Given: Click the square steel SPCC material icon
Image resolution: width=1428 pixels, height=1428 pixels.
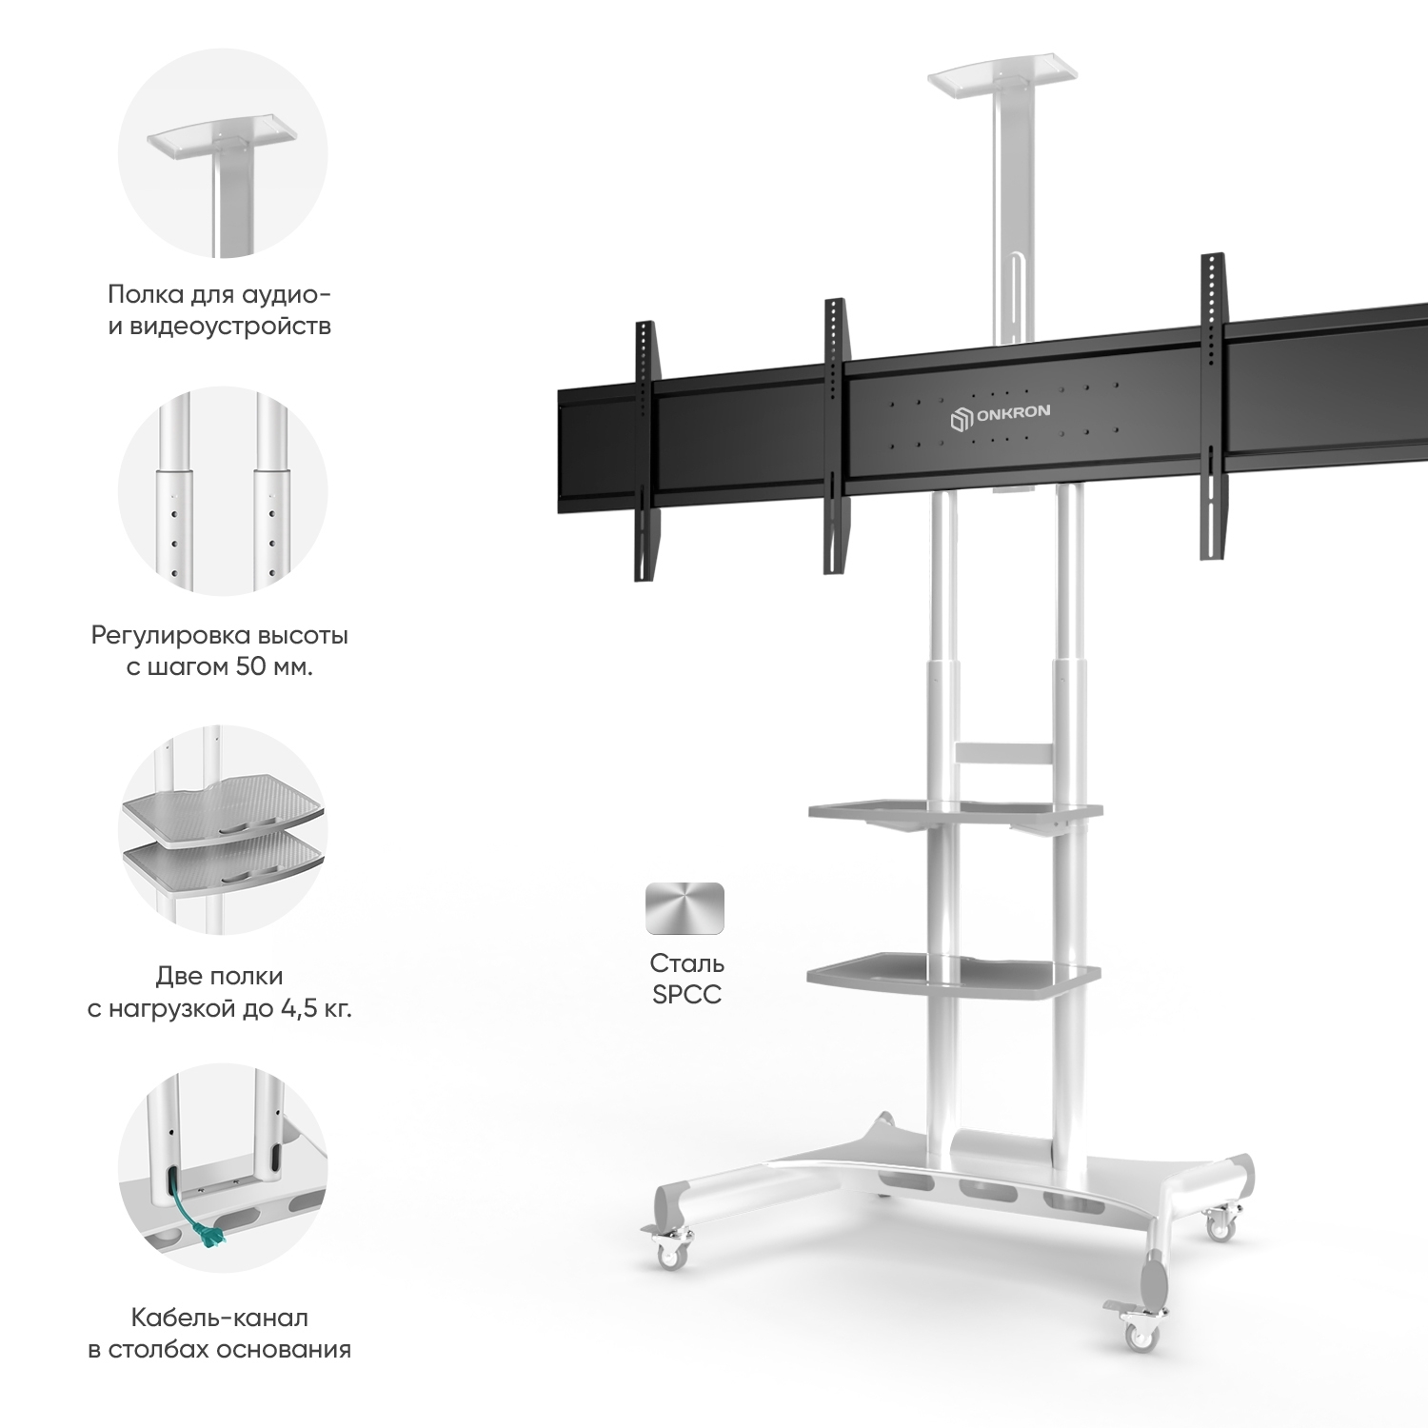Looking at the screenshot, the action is pos(684,908).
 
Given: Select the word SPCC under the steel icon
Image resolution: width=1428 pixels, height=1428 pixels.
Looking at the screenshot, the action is pos(686,994).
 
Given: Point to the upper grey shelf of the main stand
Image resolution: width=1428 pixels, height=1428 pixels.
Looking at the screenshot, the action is pos(955,815).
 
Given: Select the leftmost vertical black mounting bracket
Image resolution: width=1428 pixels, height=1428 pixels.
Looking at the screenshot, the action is pos(646,450).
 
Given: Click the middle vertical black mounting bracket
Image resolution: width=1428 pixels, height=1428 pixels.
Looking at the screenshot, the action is pos(835,437).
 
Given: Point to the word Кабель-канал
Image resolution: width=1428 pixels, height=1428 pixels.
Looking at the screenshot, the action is pos(220,1318).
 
